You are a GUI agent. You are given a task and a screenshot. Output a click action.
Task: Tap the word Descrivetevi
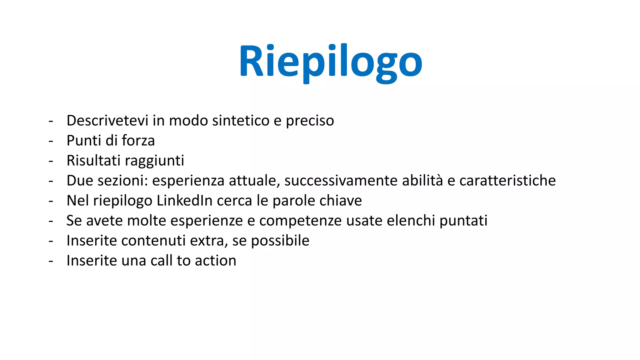[x=107, y=121]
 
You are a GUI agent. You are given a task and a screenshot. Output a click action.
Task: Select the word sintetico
[x=241, y=121]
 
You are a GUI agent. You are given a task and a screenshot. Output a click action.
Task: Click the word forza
[x=138, y=141]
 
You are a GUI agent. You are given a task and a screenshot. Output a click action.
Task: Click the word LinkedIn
[x=184, y=201]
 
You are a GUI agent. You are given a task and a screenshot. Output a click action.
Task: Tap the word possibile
[x=280, y=241]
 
